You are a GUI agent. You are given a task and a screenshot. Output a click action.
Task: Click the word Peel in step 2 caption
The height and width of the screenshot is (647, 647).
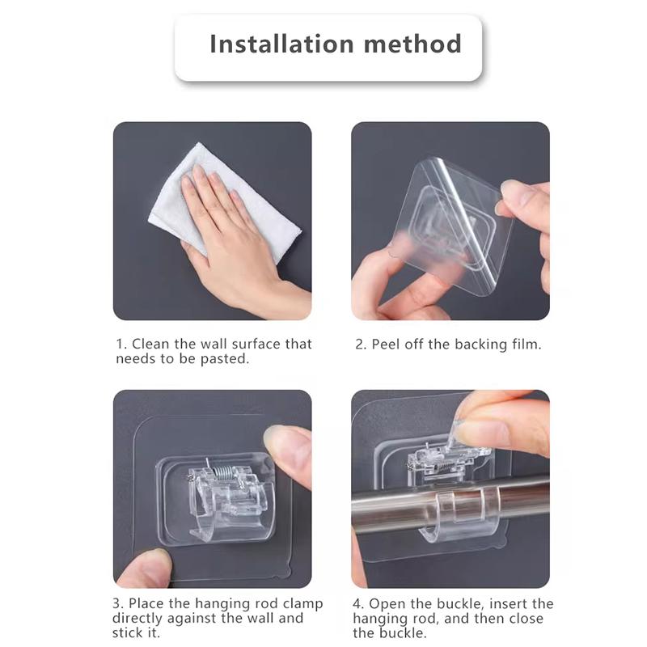[387, 345]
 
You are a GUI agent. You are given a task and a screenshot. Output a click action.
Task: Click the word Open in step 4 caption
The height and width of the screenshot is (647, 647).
[387, 604]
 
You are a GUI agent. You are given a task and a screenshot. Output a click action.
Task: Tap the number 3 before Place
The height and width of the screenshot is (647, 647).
[117, 604]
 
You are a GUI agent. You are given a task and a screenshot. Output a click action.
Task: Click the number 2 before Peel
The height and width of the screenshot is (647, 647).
[360, 345]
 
